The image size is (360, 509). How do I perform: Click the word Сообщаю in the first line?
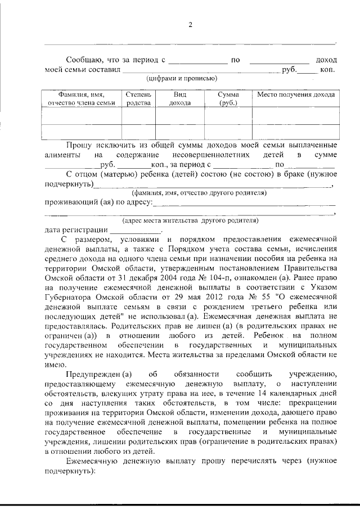(x=84, y=60)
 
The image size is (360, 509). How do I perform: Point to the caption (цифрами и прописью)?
(x=182, y=79)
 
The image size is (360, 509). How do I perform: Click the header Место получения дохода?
(x=295, y=95)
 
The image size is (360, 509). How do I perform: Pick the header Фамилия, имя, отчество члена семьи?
(x=82, y=99)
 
